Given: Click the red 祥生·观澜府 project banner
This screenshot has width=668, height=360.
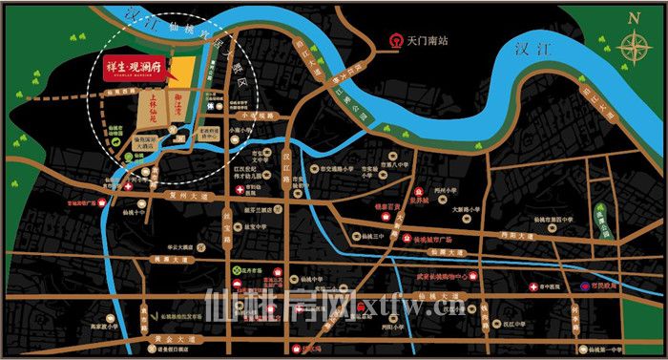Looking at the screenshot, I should (x=136, y=69).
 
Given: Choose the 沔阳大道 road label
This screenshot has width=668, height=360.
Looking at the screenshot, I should (x=517, y=232).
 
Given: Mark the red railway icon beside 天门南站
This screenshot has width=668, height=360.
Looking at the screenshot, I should (x=394, y=41).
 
